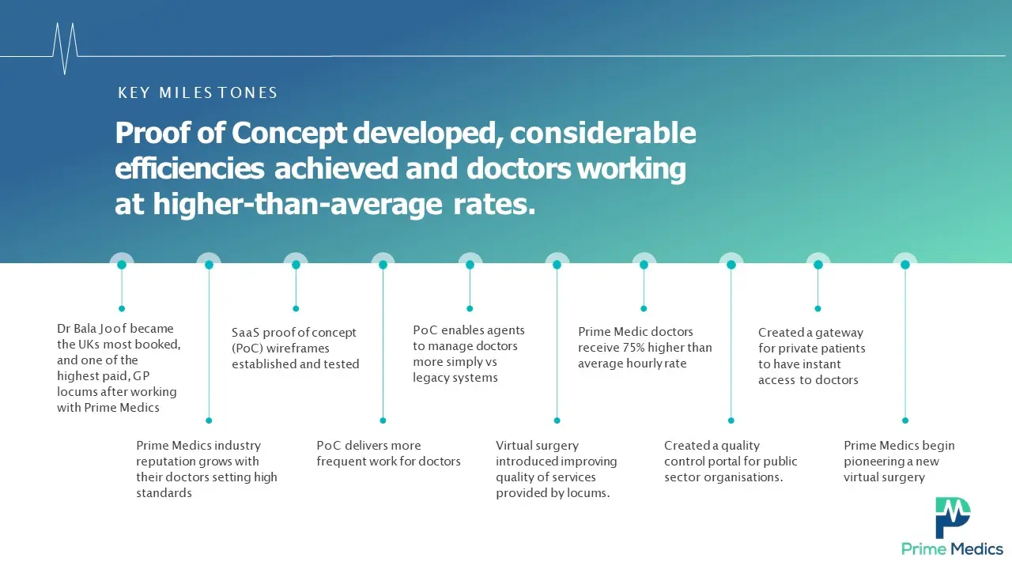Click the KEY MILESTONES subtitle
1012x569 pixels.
[x=198, y=93]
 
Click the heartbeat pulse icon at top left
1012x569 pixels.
[x=65, y=49]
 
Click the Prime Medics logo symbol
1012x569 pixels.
[x=953, y=518]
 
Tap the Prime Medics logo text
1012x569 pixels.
[x=952, y=549]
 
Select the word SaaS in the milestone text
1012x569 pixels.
[x=245, y=333]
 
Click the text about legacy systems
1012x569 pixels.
[x=455, y=378]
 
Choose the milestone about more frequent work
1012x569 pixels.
[x=388, y=454]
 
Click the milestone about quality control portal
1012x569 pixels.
[x=731, y=462]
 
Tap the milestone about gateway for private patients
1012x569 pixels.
[x=811, y=356]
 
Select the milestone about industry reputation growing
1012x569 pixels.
[x=206, y=469]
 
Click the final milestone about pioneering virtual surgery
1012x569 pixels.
[x=899, y=462]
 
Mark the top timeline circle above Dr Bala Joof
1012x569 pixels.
[x=122, y=265]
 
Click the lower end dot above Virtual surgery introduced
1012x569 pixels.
[x=557, y=420]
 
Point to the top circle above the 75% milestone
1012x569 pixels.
[x=644, y=265]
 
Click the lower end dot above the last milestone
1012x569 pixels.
[x=905, y=420]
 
